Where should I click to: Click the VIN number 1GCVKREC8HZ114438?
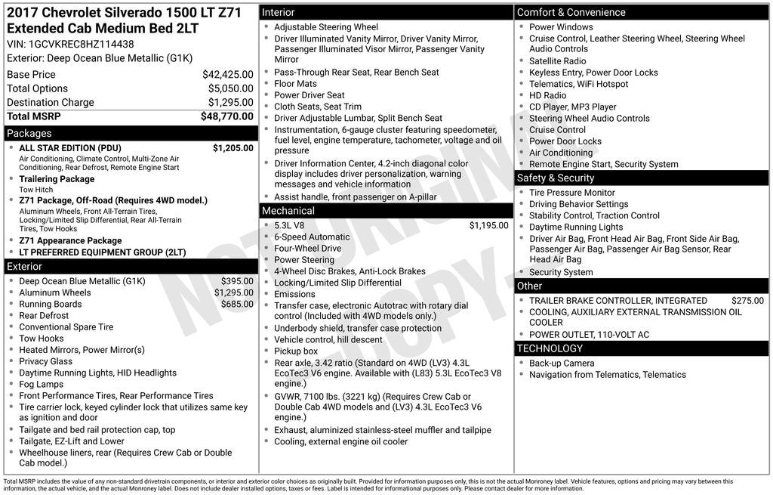(82, 44)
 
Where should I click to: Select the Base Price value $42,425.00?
(227, 75)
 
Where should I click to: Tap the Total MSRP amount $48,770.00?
(226, 116)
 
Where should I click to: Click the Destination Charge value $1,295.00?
(230, 103)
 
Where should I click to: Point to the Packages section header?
(29, 134)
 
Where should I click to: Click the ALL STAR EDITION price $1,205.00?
(233, 148)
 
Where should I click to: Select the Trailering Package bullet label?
(57, 179)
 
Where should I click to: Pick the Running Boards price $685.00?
(237, 305)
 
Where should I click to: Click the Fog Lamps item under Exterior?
(42, 384)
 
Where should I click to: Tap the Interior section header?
(279, 13)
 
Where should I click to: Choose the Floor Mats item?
(295, 84)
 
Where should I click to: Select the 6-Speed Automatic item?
(312, 237)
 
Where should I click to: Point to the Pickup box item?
(296, 351)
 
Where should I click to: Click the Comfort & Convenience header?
(571, 13)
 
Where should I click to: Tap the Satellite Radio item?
(557, 61)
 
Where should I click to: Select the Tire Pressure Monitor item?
(572, 193)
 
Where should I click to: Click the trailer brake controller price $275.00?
(747, 301)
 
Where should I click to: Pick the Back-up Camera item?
(562, 364)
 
